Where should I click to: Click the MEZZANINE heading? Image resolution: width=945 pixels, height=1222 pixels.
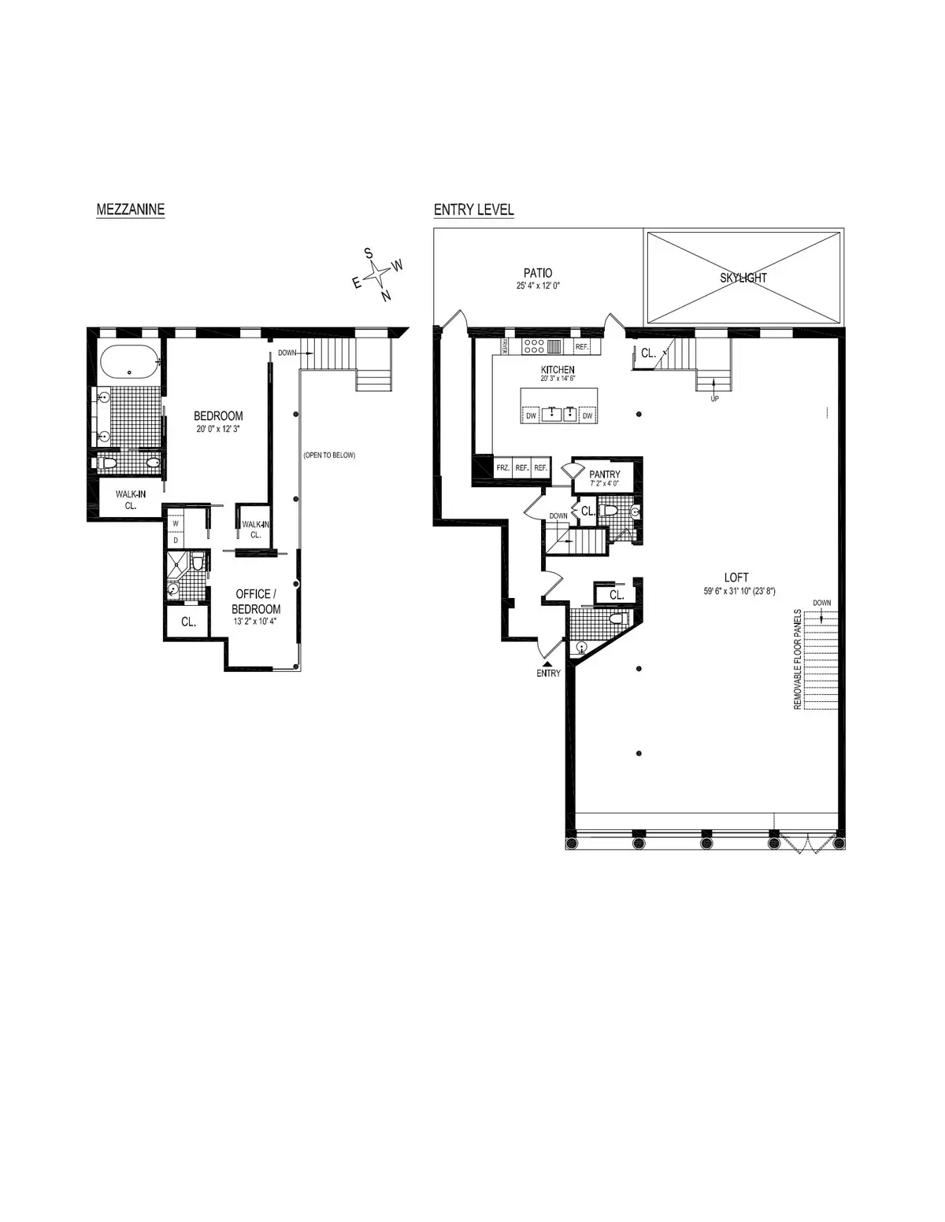(130, 209)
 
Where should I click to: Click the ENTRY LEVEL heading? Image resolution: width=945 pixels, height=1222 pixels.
(473, 209)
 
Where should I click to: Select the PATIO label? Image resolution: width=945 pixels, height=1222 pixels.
(538, 273)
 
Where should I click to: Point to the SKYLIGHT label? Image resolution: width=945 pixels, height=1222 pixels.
(743, 278)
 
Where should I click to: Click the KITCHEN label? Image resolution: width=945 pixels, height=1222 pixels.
(557, 369)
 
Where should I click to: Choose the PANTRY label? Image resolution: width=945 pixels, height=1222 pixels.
(605, 474)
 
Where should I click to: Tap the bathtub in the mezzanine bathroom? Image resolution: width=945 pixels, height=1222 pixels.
(130, 364)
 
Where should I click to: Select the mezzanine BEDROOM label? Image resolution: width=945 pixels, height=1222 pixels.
(219, 416)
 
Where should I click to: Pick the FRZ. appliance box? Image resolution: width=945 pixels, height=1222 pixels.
(502, 467)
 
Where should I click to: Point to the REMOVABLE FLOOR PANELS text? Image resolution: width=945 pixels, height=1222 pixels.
(798, 659)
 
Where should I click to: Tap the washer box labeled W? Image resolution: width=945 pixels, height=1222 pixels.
(176, 523)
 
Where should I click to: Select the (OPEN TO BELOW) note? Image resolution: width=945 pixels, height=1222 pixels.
(329, 455)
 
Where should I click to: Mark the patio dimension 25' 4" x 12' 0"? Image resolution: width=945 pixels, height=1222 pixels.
(538, 286)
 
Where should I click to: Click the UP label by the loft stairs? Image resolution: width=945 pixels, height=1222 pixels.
(714, 398)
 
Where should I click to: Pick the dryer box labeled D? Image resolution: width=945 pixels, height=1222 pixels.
(176, 540)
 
